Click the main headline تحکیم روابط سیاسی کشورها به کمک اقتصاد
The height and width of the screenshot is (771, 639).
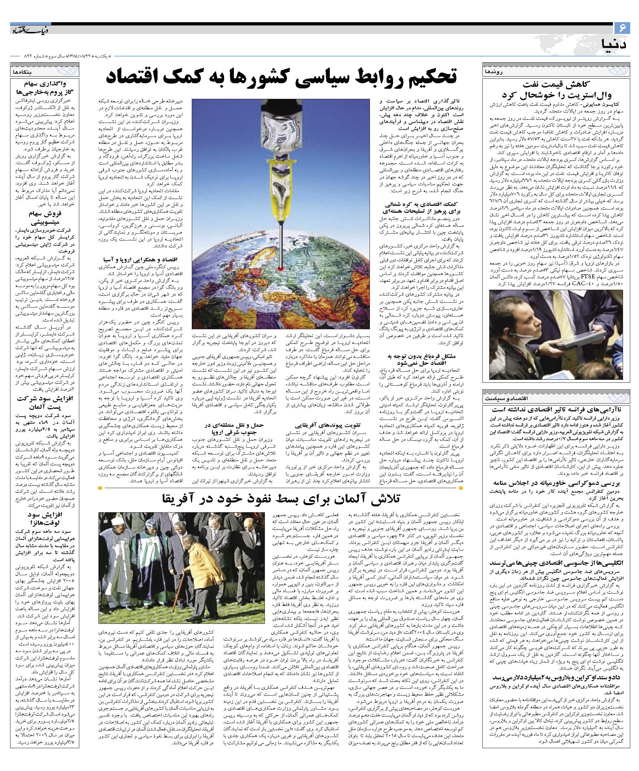click(x=281, y=76)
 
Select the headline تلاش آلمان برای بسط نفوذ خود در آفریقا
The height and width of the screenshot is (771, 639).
click(x=281, y=499)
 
